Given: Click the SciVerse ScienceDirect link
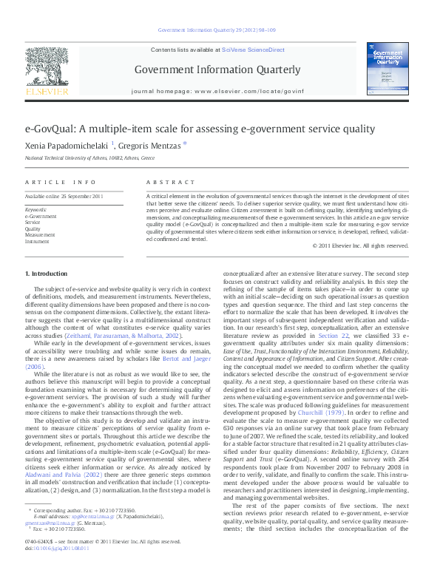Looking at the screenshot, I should (256, 50).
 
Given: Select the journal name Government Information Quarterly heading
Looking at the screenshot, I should (217, 70).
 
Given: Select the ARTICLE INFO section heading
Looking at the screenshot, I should (61, 182).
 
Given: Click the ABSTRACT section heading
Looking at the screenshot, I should (165, 182).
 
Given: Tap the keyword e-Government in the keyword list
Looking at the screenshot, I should (41, 216).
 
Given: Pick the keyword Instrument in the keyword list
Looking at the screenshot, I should (37, 241).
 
